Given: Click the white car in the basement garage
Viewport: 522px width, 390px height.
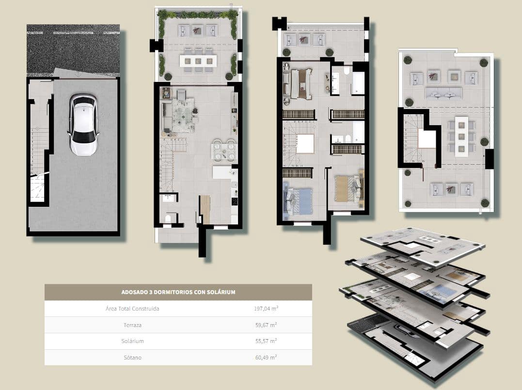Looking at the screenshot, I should click(x=84, y=125).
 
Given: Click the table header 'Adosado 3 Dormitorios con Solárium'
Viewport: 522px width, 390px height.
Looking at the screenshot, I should click(x=178, y=292).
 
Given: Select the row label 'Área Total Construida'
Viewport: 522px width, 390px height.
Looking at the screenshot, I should click(x=132, y=309).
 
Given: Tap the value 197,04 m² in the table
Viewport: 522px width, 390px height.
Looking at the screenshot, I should click(x=266, y=309).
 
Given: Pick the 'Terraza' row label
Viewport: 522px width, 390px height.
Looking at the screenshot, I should click(x=132, y=325).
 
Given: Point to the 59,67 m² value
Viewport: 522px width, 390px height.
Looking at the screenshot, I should click(x=266, y=325).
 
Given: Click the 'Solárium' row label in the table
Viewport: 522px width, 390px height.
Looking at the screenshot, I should click(x=132, y=341).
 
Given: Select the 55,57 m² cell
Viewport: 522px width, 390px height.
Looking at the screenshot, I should click(x=266, y=341).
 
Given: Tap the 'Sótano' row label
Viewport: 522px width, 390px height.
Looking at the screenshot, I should click(x=132, y=358).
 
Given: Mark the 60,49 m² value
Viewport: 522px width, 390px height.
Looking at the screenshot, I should click(x=266, y=358).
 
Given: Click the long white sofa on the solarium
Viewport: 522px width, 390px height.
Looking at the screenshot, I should click(x=443, y=93).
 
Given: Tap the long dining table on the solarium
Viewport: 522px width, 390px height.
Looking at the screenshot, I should click(x=461, y=136).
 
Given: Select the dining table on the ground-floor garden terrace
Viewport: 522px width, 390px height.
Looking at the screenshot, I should click(x=198, y=61).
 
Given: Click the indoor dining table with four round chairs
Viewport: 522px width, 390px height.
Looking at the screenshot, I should click(x=223, y=150).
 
